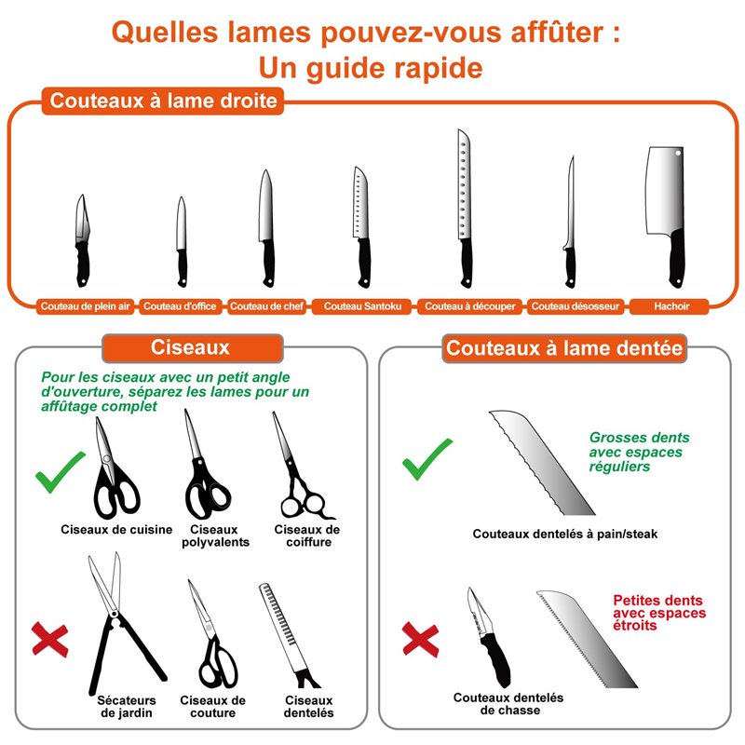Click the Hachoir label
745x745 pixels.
pyautogui.click(x=670, y=305)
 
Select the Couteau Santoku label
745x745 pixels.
pyautogui.click(x=362, y=305)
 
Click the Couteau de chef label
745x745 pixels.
pyautogui.click(x=266, y=305)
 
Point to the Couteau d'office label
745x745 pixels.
pyautogui.click(x=181, y=305)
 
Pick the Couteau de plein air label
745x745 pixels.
pyautogui.click(x=86, y=305)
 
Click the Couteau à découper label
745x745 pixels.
pyautogui.click(x=470, y=305)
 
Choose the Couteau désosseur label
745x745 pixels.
pyautogui.click(x=575, y=305)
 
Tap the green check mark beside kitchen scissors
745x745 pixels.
pyautogui.click(x=61, y=472)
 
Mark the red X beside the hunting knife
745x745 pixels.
pyautogui.click(x=421, y=639)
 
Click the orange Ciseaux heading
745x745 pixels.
pyautogui.click(x=190, y=347)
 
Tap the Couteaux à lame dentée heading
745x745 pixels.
pyautogui.click(x=565, y=348)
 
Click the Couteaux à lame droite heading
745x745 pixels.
pyautogui.click(x=164, y=101)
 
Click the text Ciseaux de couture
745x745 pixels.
pyautogui.click(x=213, y=707)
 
